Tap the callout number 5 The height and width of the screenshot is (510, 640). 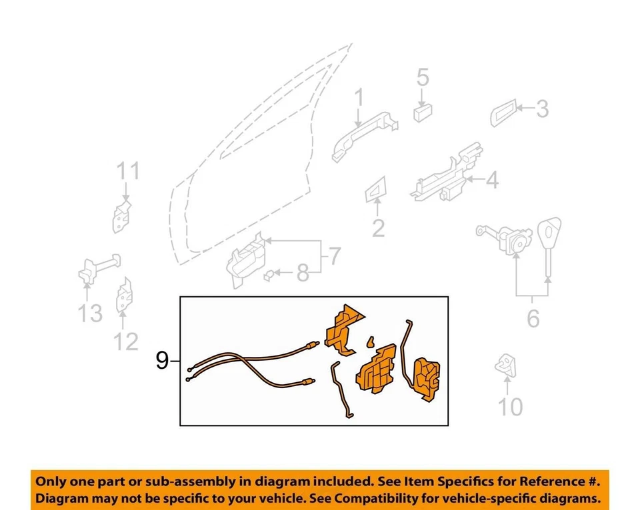click(x=423, y=79)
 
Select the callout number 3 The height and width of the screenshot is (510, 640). click(x=542, y=108)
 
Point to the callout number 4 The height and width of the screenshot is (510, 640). click(x=491, y=180)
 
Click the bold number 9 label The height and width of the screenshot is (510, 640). click(x=162, y=361)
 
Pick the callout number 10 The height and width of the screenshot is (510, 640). click(x=511, y=405)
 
